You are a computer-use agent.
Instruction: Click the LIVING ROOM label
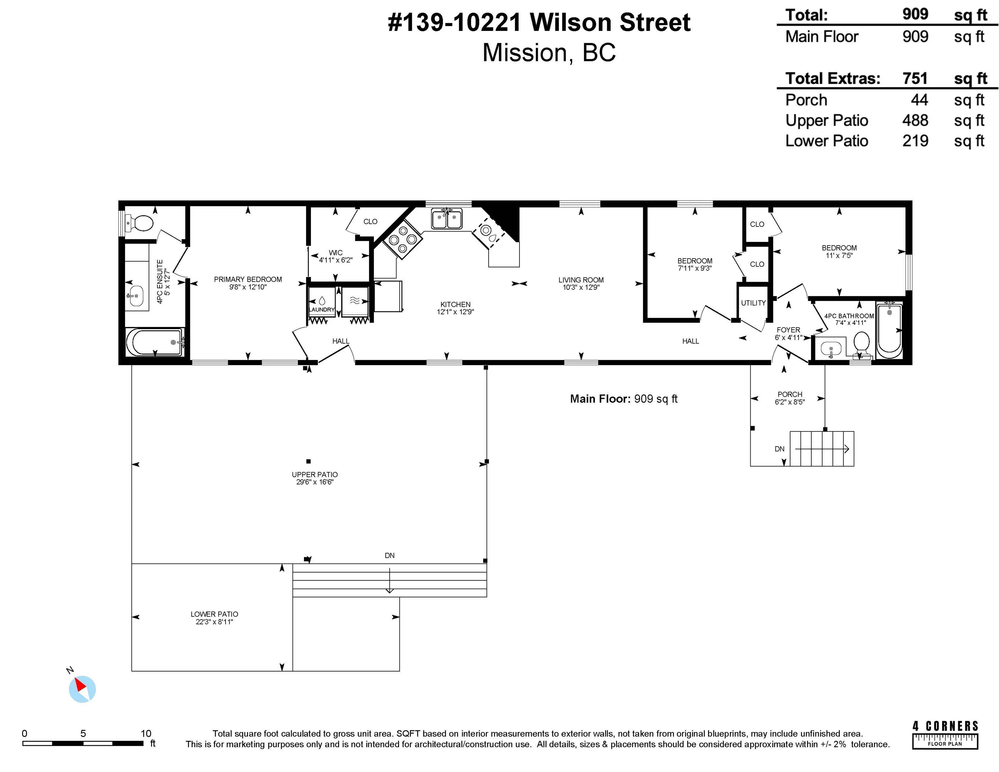tap(580, 280)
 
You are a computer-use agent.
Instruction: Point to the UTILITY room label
tap(753, 303)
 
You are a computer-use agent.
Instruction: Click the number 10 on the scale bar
tap(145, 733)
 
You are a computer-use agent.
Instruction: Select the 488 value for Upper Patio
tap(915, 120)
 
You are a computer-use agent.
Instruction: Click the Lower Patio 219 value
tap(915, 141)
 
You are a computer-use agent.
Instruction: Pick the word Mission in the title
tap(524, 53)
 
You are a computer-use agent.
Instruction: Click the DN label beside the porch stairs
tap(779, 449)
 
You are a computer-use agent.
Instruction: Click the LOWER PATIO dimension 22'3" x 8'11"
tap(214, 622)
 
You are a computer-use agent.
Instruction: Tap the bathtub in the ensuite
tap(154, 342)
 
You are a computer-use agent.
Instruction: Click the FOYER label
tap(788, 330)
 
